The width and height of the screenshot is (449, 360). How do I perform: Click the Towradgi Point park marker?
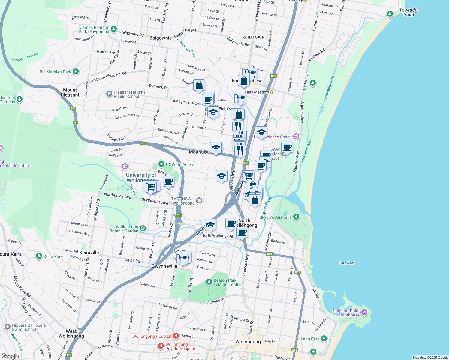(x=390, y=14)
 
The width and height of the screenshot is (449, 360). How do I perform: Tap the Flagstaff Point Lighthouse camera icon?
(x=364, y=313)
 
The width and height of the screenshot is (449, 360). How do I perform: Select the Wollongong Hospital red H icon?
(x=176, y=336)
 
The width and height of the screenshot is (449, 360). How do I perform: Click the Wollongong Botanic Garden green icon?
(x=143, y=229)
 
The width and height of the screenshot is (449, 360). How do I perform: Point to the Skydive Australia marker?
(x=296, y=217)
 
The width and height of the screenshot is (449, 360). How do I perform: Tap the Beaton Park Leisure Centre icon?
(x=209, y=282)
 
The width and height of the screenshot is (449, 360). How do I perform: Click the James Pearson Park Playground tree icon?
(x=113, y=29)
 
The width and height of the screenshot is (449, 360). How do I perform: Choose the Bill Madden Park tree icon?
(x=76, y=72)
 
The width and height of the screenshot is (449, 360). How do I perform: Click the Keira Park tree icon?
(x=39, y=256)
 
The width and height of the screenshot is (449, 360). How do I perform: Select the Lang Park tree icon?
(x=324, y=339)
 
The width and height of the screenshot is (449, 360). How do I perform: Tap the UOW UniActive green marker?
(x=161, y=164)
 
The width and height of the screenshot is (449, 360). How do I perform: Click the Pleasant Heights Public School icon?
(x=109, y=94)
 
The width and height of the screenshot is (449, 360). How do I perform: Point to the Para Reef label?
(x=346, y=263)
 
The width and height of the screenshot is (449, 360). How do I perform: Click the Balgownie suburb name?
(x=161, y=38)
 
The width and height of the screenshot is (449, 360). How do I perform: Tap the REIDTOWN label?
(x=253, y=37)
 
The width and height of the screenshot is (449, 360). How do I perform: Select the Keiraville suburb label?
(x=89, y=253)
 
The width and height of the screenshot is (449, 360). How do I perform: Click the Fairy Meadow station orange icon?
(x=271, y=92)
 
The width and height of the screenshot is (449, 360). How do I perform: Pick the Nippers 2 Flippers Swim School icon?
(x=8, y=327)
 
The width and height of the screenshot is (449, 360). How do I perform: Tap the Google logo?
(x=10, y=356)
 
